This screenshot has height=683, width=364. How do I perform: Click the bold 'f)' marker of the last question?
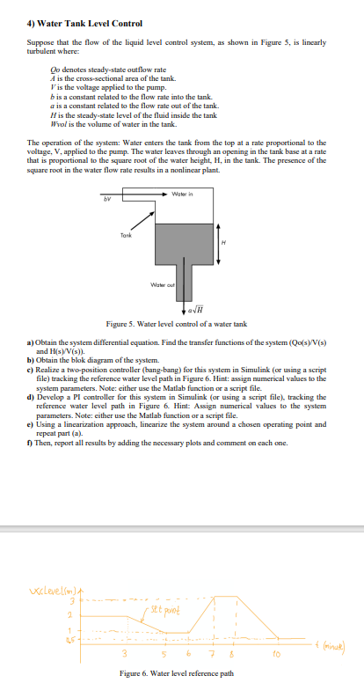tap(31, 443)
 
